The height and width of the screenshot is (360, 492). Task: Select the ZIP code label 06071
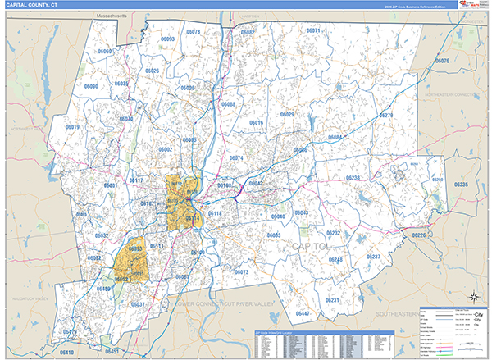click(x=312, y=30)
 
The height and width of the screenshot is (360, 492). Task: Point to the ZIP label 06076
click(x=442, y=62)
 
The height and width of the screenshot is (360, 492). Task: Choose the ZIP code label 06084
click(x=334, y=137)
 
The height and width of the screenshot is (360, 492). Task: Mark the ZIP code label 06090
click(x=90, y=86)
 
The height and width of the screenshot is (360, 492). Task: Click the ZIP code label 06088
click(x=228, y=104)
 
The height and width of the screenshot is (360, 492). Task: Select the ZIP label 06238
click(x=353, y=178)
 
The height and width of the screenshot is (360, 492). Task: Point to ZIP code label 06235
click(x=461, y=185)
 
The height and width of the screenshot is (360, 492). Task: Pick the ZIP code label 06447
click(x=303, y=314)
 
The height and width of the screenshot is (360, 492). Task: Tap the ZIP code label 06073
click(x=241, y=271)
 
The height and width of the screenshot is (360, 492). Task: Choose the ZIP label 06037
click(x=138, y=304)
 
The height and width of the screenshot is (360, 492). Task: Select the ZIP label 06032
click(x=102, y=235)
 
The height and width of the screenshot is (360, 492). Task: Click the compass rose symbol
click(x=473, y=298)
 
